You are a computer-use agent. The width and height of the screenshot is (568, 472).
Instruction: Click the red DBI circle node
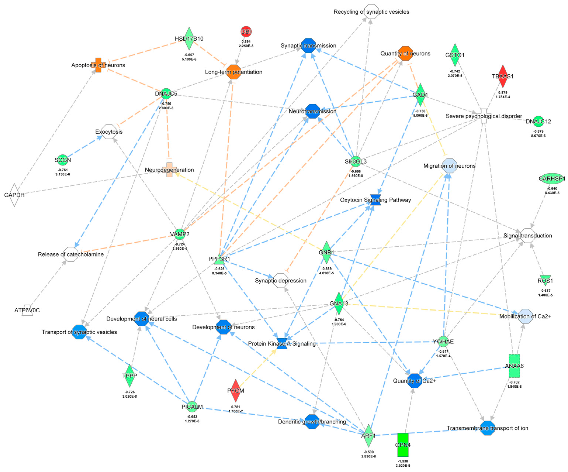pyautogui.click(x=246, y=32)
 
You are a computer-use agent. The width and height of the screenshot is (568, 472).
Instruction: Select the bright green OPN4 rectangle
pyautogui.click(x=403, y=445)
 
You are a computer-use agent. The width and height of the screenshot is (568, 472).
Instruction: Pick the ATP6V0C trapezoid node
pyautogui.click(x=27, y=310)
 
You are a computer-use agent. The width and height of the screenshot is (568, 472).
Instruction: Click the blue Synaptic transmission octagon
pyautogui.click(x=308, y=45)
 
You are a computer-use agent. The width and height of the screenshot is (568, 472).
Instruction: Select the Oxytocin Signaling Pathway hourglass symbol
pyautogui.click(x=375, y=200)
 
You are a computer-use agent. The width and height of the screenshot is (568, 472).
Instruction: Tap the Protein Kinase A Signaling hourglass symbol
pyautogui.click(x=282, y=343)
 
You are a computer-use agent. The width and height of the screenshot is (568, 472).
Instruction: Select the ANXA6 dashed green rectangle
pyautogui.click(x=514, y=366)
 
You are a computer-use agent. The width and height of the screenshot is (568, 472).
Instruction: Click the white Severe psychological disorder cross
pyautogui.click(x=484, y=116)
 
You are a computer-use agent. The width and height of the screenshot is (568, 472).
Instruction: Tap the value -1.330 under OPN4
pyautogui.click(x=403, y=461)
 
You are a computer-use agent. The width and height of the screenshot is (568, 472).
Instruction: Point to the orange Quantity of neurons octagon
pyautogui.click(x=405, y=53)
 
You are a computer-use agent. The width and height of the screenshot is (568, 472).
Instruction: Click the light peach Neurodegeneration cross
pyautogui.click(x=169, y=170)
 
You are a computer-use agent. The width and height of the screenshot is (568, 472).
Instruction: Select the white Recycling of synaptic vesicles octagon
pyautogui.click(x=371, y=12)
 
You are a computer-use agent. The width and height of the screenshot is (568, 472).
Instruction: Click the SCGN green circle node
pyautogui.click(x=63, y=160)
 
